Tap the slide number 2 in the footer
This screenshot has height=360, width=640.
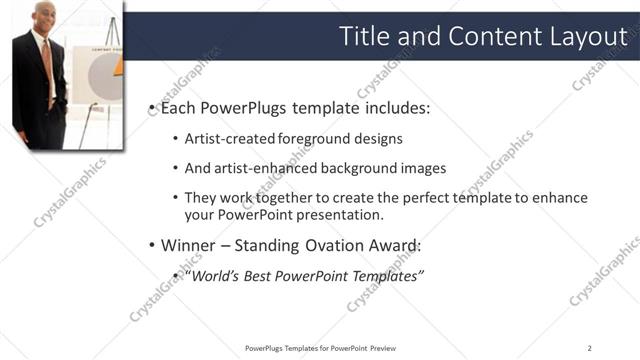tap(590, 348)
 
